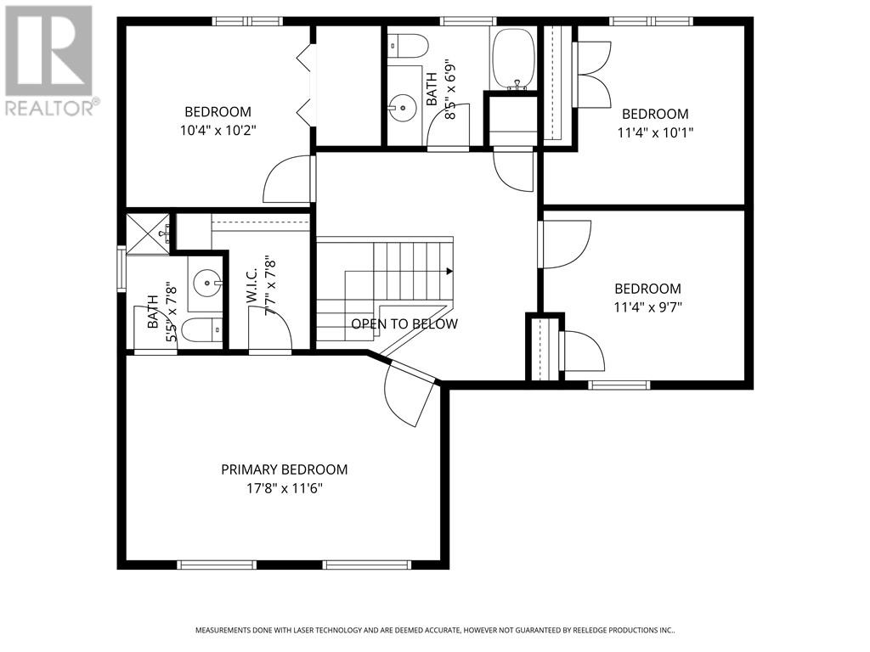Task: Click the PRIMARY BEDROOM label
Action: [284, 469]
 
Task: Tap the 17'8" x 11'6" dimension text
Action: [285, 488]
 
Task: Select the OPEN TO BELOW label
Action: [404, 323]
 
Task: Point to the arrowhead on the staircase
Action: [449, 271]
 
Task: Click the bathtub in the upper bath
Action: [514, 59]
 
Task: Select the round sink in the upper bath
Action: [402, 107]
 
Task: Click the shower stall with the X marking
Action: [149, 233]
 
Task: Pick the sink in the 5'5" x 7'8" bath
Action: [207, 283]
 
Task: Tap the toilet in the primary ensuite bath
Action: [202, 331]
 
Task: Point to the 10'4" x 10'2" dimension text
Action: [218, 130]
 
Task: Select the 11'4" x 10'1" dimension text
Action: [655, 132]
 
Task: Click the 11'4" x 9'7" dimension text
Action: [647, 306]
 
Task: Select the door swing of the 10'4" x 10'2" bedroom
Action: [286, 178]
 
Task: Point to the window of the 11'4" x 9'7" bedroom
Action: [619, 385]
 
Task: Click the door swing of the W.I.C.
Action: [269, 329]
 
